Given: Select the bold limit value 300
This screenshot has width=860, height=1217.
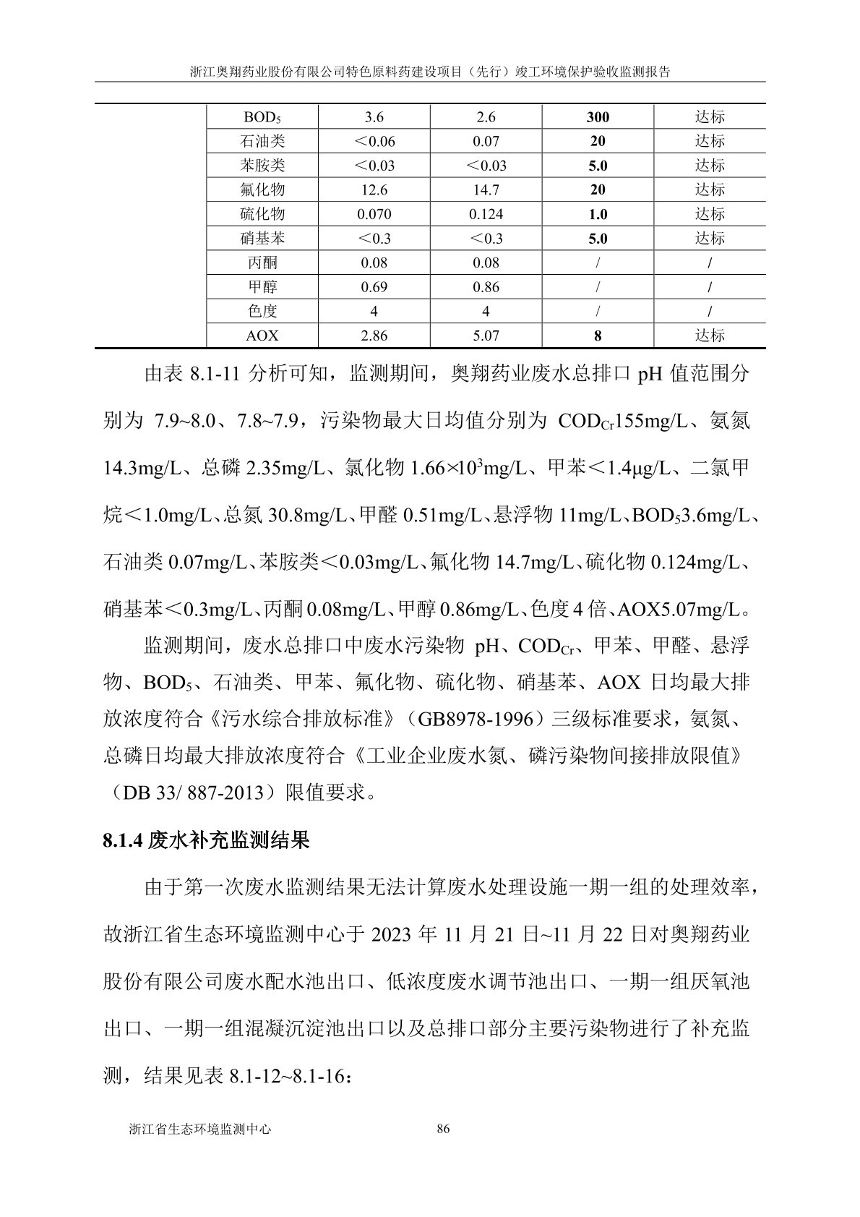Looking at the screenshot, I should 598,117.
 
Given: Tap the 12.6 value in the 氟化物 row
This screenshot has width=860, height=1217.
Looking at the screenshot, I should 374,190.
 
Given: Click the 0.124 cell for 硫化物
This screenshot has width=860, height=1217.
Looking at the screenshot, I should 486,215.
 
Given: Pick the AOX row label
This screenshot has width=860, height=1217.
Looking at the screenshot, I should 262,336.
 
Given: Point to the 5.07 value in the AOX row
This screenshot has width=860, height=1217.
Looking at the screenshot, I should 486,336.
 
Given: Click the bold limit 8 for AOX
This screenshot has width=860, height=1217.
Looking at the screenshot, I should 598,336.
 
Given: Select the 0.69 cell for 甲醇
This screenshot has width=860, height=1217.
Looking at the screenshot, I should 374,287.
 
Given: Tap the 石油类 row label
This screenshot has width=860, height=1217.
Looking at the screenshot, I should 262,142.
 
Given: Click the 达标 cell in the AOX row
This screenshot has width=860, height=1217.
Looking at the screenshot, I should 710,336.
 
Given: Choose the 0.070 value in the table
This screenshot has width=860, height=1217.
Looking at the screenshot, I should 374,215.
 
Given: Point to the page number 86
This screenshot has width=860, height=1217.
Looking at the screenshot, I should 444,1129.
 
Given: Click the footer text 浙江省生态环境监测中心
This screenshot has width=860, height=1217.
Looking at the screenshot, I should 199,1129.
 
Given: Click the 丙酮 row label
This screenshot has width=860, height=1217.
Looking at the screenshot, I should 262,263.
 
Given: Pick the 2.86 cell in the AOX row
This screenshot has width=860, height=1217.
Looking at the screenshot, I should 374,336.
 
